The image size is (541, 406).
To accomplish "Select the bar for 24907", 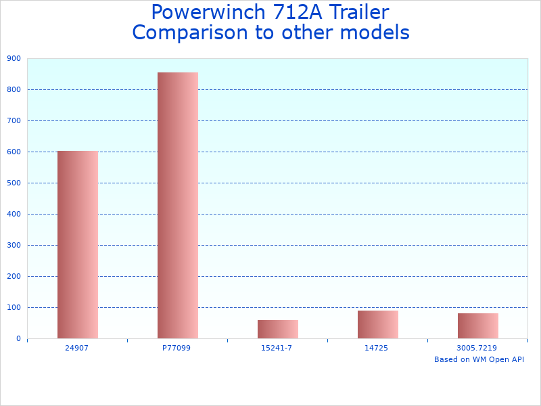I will [x=77, y=244].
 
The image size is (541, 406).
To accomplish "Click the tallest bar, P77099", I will [x=178, y=205].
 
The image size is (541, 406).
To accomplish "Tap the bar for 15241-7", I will [x=277, y=329].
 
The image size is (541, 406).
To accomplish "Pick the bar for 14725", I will [x=377, y=324].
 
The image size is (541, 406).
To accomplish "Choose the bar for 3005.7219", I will [x=477, y=325].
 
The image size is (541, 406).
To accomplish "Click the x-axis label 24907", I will [x=77, y=348].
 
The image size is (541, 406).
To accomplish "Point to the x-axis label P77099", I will [x=177, y=348].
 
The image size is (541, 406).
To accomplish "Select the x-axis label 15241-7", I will [x=277, y=348].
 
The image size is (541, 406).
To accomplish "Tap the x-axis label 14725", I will [x=377, y=348].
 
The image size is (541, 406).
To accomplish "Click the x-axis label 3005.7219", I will [x=477, y=348].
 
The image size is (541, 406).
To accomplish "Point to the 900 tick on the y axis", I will [x=14, y=58].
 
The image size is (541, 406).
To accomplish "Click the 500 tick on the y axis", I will [x=14, y=183].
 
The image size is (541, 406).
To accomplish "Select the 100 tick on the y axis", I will [x=14, y=307].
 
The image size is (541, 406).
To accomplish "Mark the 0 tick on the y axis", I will [x=19, y=338].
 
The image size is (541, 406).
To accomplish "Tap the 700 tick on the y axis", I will [x=14, y=120].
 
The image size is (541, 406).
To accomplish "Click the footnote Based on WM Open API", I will [x=479, y=359].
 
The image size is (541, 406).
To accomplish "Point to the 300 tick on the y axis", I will [x=14, y=245].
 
